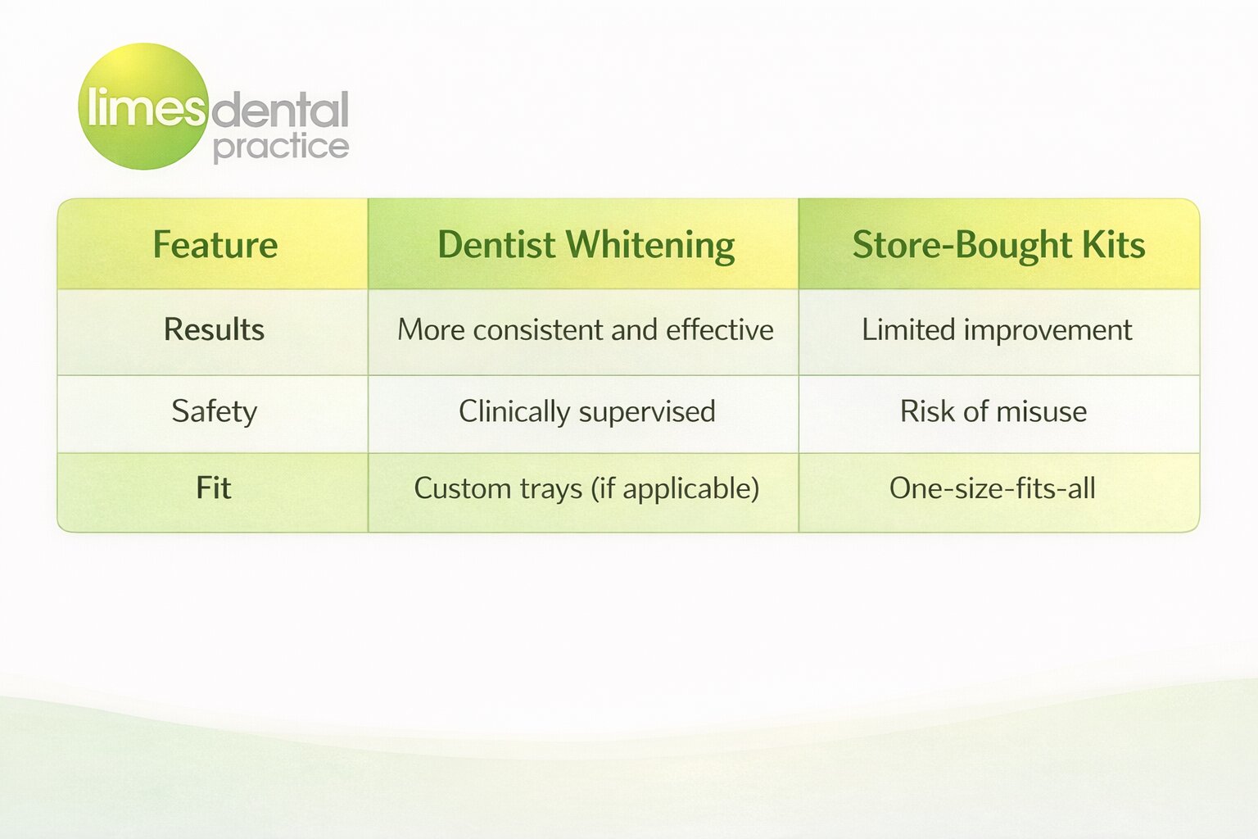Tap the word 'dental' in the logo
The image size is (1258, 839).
coord(280,111)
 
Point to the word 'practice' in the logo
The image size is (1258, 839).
coord(280,147)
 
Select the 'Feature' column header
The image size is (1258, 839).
coord(215,245)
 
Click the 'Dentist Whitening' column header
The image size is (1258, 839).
coord(586,245)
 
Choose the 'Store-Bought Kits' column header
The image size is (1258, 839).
coord(998,245)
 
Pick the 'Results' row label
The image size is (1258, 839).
coord(214,329)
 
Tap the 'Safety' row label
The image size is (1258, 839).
coord(214,411)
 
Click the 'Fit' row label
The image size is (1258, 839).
coord(214,488)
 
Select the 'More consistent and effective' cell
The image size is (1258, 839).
coord(586,329)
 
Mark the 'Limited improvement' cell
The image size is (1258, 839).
coord(997,329)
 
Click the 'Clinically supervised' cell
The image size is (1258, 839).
coord(586,411)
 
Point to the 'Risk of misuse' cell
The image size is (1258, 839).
coord(993,411)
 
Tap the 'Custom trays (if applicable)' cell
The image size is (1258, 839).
coord(586,488)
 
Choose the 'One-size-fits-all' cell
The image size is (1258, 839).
coord(993,488)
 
